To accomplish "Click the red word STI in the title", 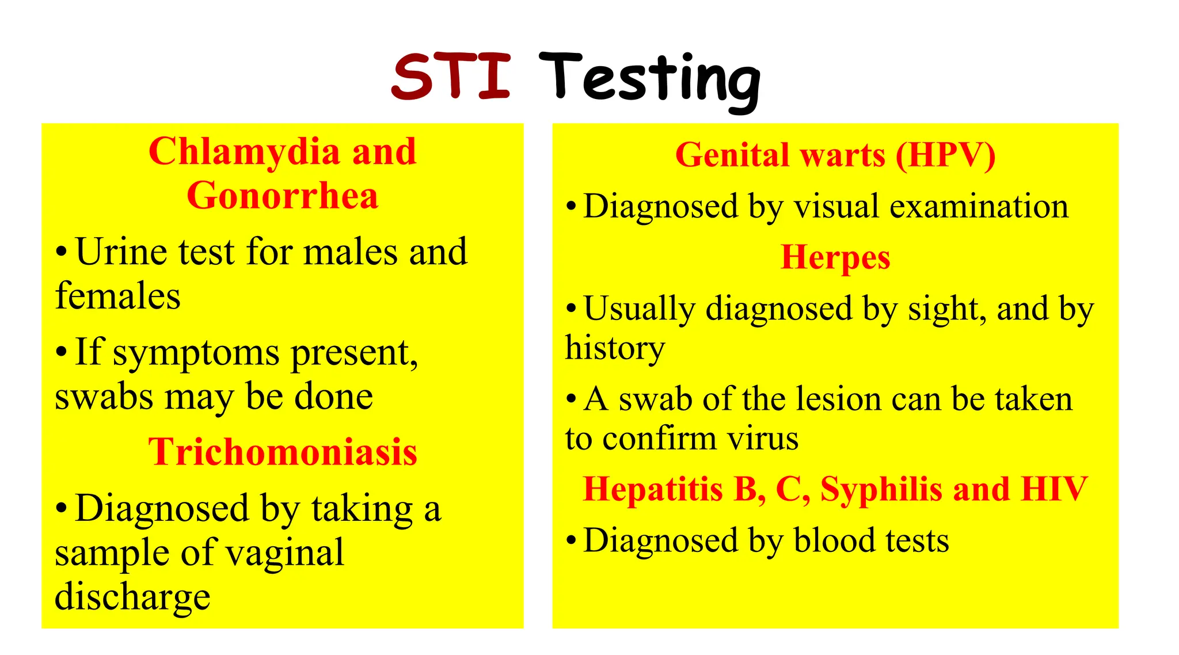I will click(x=451, y=76).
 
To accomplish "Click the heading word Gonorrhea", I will click(x=282, y=196).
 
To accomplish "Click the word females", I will click(x=117, y=296).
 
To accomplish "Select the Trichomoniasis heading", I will click(x=282, y=452).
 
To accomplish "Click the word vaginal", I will click(x=284, y=553).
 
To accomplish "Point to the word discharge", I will click(x=132, y=597).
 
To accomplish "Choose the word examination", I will click(x=979, y=207).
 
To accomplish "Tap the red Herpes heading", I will click(x=835, y=257).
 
